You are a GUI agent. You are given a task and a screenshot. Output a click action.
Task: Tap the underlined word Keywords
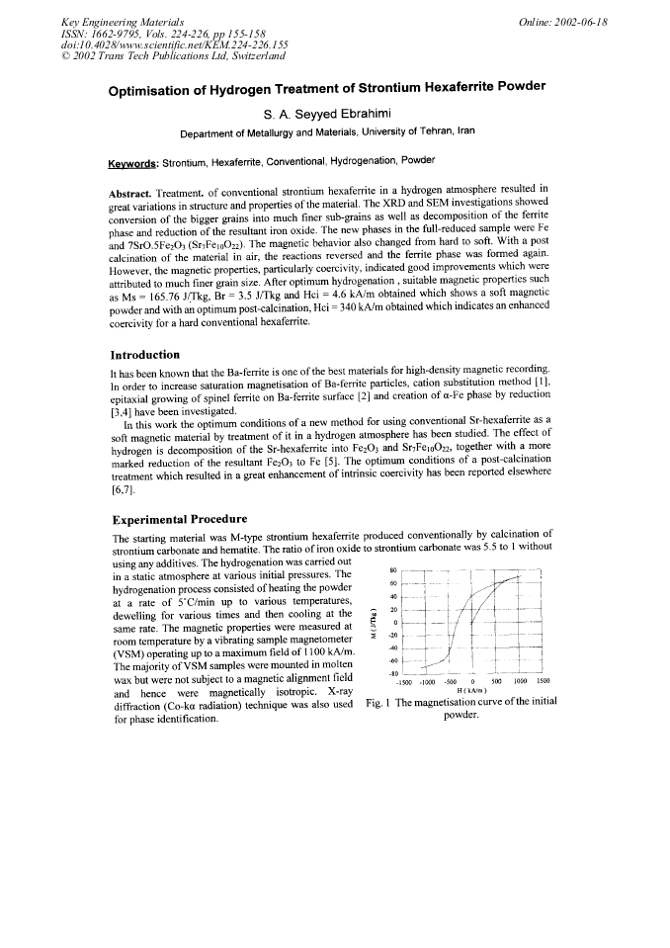coord(133,160)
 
